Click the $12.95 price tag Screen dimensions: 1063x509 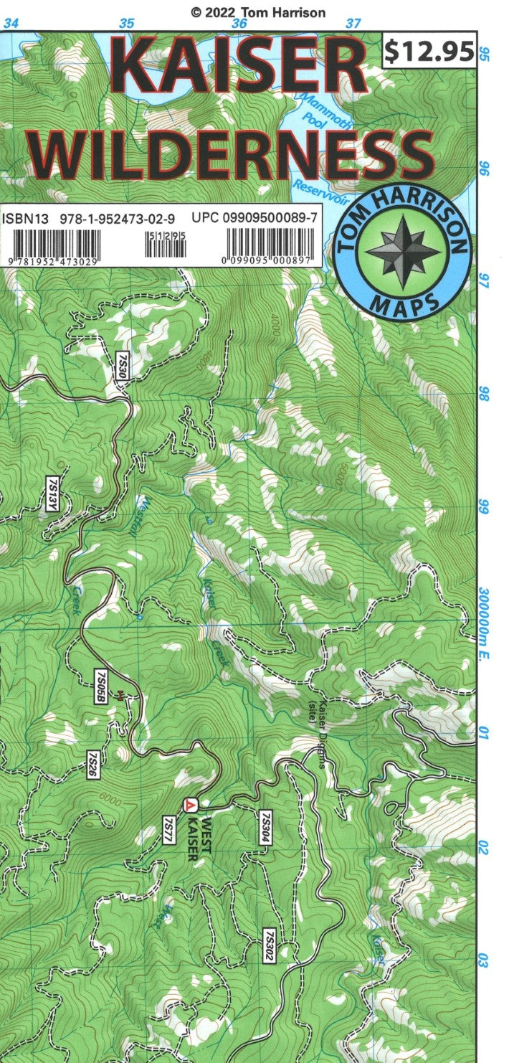[x=429, y=51]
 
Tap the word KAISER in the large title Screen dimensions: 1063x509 [x=240, y=70]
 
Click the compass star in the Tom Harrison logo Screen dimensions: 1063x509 [x=404, y=251]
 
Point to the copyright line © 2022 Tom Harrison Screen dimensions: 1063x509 [x=257, y=12]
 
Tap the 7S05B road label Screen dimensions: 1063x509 [x=100, y=686]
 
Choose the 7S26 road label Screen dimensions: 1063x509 [x=92, y=765]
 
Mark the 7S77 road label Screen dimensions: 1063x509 [x=169, y=828]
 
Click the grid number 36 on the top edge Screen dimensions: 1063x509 [x=239, y=23]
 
